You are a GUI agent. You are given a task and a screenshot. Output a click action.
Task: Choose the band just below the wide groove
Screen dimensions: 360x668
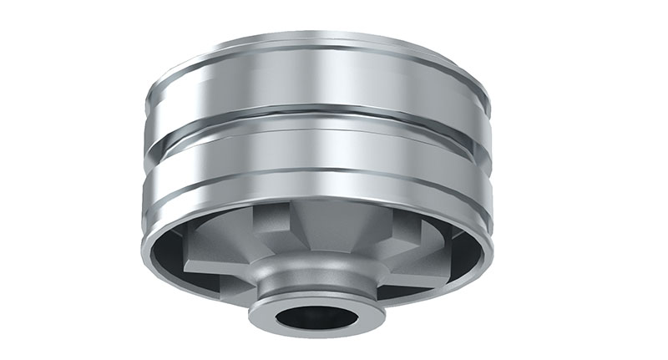(x=317, y=155)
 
